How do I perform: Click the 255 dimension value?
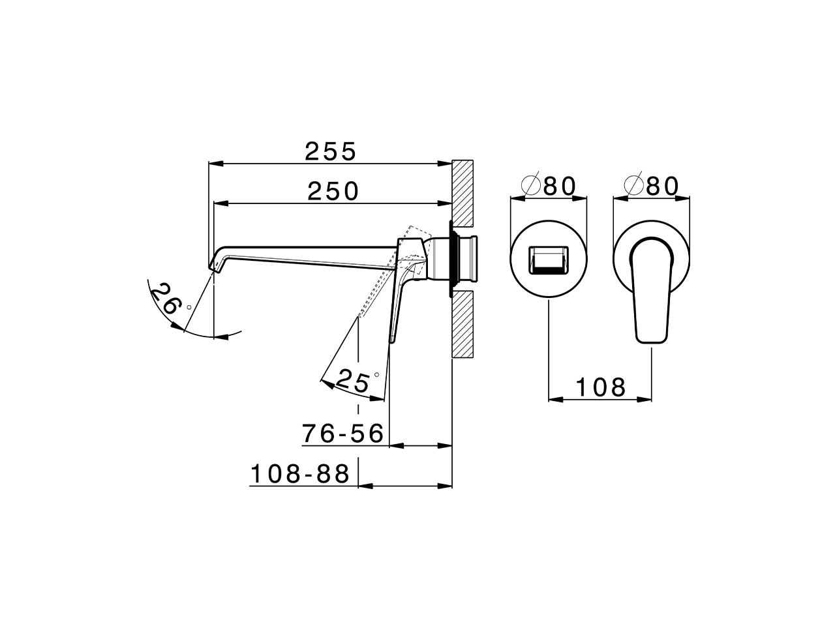tap(331, 151)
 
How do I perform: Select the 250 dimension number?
tap(333, 191)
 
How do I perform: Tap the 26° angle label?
tap(166, 301)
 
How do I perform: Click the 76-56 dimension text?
tap(343, 433)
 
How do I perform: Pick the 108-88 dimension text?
tap(301, 474)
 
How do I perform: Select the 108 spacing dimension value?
tap(600, 387)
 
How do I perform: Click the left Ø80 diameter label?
tap(549, 186)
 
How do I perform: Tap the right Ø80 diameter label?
tap(651, 186)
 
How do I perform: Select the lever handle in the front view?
tap(651, 290)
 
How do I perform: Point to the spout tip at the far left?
tap(215, 264)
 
